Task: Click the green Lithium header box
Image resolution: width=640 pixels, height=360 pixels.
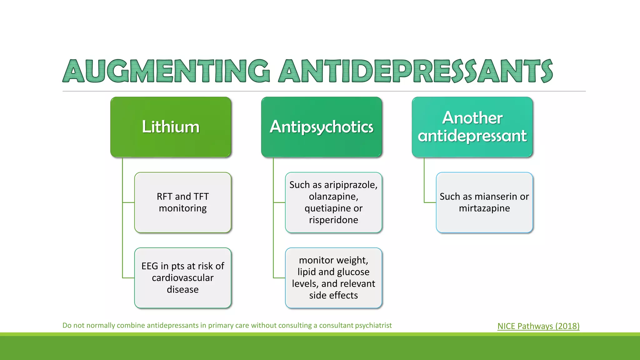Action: (x=171, y=127)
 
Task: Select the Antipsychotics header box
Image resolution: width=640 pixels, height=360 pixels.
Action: (x=322, y=127)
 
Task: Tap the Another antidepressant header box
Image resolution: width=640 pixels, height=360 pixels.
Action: (x=472, y=127)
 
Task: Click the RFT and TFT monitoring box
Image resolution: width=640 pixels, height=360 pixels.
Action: (x=183, y=202)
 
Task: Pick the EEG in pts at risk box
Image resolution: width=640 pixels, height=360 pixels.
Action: (x=183, y=278)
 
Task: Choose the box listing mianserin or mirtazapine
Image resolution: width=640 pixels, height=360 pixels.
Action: (x=484, y=202)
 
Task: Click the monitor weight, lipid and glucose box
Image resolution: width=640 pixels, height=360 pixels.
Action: (x=333, y=278)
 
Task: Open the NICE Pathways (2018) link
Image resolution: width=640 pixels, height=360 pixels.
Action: (x=538, y=326)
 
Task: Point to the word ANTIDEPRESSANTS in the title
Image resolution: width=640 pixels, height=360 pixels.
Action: (x=416, y=71)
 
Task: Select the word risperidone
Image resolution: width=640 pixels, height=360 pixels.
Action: (x=333, y=220)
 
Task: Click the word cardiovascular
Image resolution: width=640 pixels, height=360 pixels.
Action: (x=183, y=278)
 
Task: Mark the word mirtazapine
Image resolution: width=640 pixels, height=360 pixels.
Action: (x=484, y=208)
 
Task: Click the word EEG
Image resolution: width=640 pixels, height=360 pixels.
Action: (x=150, y=266)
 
